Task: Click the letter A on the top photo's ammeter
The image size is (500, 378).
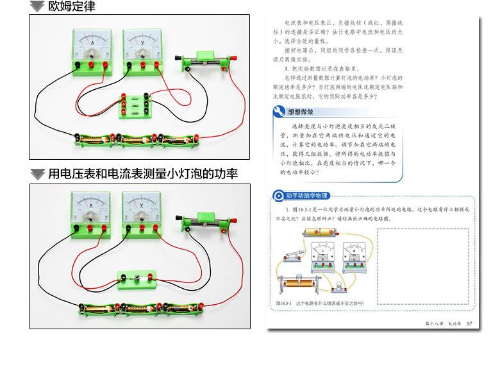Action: pyautogui.click(x=92, y=42)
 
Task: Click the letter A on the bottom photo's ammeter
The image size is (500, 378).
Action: pyautogui.click(x=92, y=205)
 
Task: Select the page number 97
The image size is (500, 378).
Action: pyautogui.click(x=470, y=323)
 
